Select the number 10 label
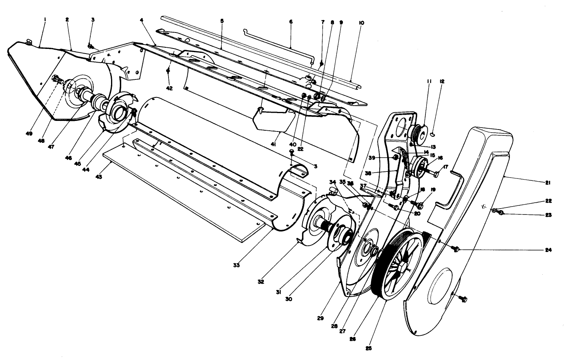361,23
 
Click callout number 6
291,22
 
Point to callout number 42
169,88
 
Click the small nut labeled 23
502,213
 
